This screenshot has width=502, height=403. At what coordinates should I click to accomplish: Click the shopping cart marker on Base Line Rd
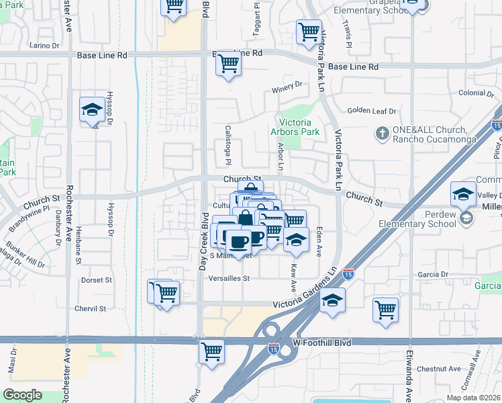point(229,64)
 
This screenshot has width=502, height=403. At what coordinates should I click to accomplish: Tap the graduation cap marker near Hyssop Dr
point(91,110)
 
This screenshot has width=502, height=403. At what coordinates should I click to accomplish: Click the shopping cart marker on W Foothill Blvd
point(211,351)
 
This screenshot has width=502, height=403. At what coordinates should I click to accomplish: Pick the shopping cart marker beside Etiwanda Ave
point(386,310)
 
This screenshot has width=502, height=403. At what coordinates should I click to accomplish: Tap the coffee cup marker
point(237,240)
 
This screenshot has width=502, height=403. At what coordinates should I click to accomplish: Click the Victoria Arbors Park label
point(295,127)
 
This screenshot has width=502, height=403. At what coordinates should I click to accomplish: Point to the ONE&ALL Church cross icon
point(382,132)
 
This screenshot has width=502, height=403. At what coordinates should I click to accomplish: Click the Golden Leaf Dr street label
point(372,111)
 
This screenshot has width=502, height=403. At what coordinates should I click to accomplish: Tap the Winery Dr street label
point(287,85)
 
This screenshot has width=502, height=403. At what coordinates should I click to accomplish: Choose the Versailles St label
point(229,278)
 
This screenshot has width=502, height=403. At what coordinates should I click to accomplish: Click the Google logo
point(22,394)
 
